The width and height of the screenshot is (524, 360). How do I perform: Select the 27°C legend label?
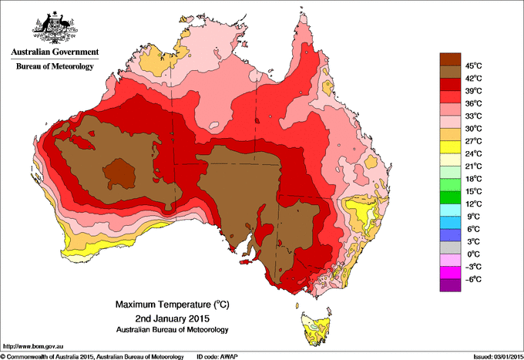point(472,140)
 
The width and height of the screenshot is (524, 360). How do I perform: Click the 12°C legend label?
point(472,204)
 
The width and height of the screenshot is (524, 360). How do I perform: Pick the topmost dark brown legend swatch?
point(449,59)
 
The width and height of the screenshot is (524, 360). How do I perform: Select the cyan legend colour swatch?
point(449,210)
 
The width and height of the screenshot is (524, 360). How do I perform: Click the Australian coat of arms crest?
point(55,26)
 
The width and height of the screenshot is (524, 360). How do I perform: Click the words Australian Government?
point(55,52)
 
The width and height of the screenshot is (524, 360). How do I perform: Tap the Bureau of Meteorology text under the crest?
point(55,67)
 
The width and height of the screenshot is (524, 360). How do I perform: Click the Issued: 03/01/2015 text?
point(494,356)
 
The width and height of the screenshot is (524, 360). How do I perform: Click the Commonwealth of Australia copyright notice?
point(92,356)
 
